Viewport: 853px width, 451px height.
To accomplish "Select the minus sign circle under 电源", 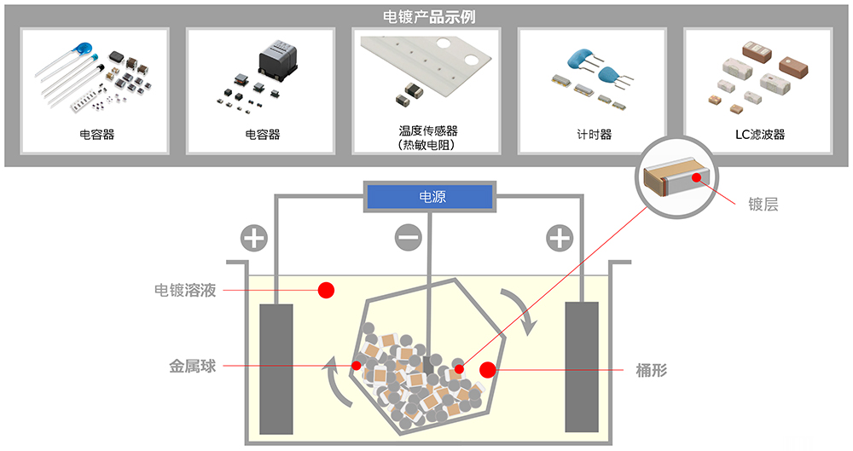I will [409, 238].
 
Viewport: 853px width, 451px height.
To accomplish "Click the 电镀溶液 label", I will [185, 291].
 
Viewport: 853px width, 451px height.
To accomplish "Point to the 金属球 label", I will [192, 367].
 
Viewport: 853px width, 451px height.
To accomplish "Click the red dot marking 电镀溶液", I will [326, 291].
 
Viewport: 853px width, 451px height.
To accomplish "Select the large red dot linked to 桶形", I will [488, 370].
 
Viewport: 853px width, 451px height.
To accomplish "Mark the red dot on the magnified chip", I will [698, 178].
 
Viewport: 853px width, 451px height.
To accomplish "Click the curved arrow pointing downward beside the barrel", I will [519, 311].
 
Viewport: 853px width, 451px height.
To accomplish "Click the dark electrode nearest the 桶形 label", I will [583, 367].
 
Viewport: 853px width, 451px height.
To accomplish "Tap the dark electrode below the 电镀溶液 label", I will [276, 367].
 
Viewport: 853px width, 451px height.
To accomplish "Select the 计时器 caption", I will [594, 135].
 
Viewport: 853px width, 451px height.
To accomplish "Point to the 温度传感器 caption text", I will [428, 131].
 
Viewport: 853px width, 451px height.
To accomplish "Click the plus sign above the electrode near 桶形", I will [560, 238].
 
